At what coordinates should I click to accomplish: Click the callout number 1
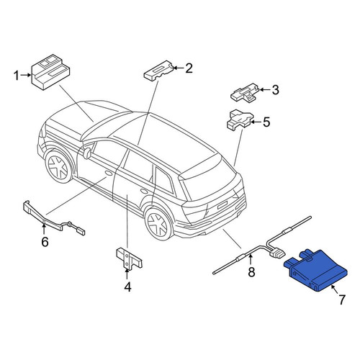[x=16, y=76]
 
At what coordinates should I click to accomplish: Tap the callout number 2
[x=189, y=68]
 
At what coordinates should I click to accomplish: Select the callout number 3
[x=275, y=90]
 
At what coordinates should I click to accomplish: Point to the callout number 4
[x=127, y=287]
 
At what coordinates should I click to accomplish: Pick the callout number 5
[x=266, y=122]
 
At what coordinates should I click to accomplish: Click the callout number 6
[x=45, y=242]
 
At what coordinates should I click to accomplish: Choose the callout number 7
[x=342, y=300]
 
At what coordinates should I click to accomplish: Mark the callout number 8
[x=251, y=272]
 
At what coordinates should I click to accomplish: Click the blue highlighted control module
[x=315, y=271]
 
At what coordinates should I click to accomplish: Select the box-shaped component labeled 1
[x=50, y=73]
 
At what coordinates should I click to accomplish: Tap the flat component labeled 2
[x=158, y=71]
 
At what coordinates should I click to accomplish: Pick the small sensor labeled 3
[x=245, y=93]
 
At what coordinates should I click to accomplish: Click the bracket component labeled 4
[x=128, y=258]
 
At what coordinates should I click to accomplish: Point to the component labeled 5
[x=240, y=120]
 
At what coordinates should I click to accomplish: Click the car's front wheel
[x=59, y=166]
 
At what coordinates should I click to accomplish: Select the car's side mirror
[x=87, y=153]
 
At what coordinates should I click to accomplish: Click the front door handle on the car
[x=109, y=174]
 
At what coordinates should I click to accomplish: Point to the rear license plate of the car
[x=222, y=205]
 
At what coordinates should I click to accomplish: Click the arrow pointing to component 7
[x=335, y=289]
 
